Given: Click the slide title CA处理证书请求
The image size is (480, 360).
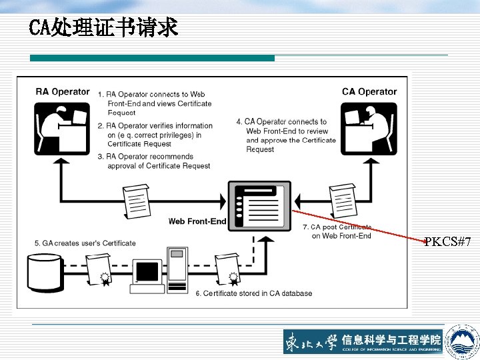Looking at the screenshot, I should tap(103, 27).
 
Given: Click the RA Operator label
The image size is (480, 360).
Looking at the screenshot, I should tap(62, 91).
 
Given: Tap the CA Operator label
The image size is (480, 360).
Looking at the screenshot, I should tap(369, 91).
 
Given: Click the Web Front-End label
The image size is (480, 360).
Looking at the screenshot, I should tap(197, 221).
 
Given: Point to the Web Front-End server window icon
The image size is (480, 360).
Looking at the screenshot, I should tap(259, 205).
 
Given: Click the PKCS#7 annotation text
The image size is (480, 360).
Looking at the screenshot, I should tap(448, 241).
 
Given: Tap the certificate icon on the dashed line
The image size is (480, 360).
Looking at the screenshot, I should tap(227, 269).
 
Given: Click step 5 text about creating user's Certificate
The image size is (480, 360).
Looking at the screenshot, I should tap(85, 243).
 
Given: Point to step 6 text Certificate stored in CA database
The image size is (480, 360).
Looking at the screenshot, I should tap(254, 293).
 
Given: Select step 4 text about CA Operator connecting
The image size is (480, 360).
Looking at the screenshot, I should tap(286, 135).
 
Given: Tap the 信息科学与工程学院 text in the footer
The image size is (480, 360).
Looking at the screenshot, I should tap(391, 339).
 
